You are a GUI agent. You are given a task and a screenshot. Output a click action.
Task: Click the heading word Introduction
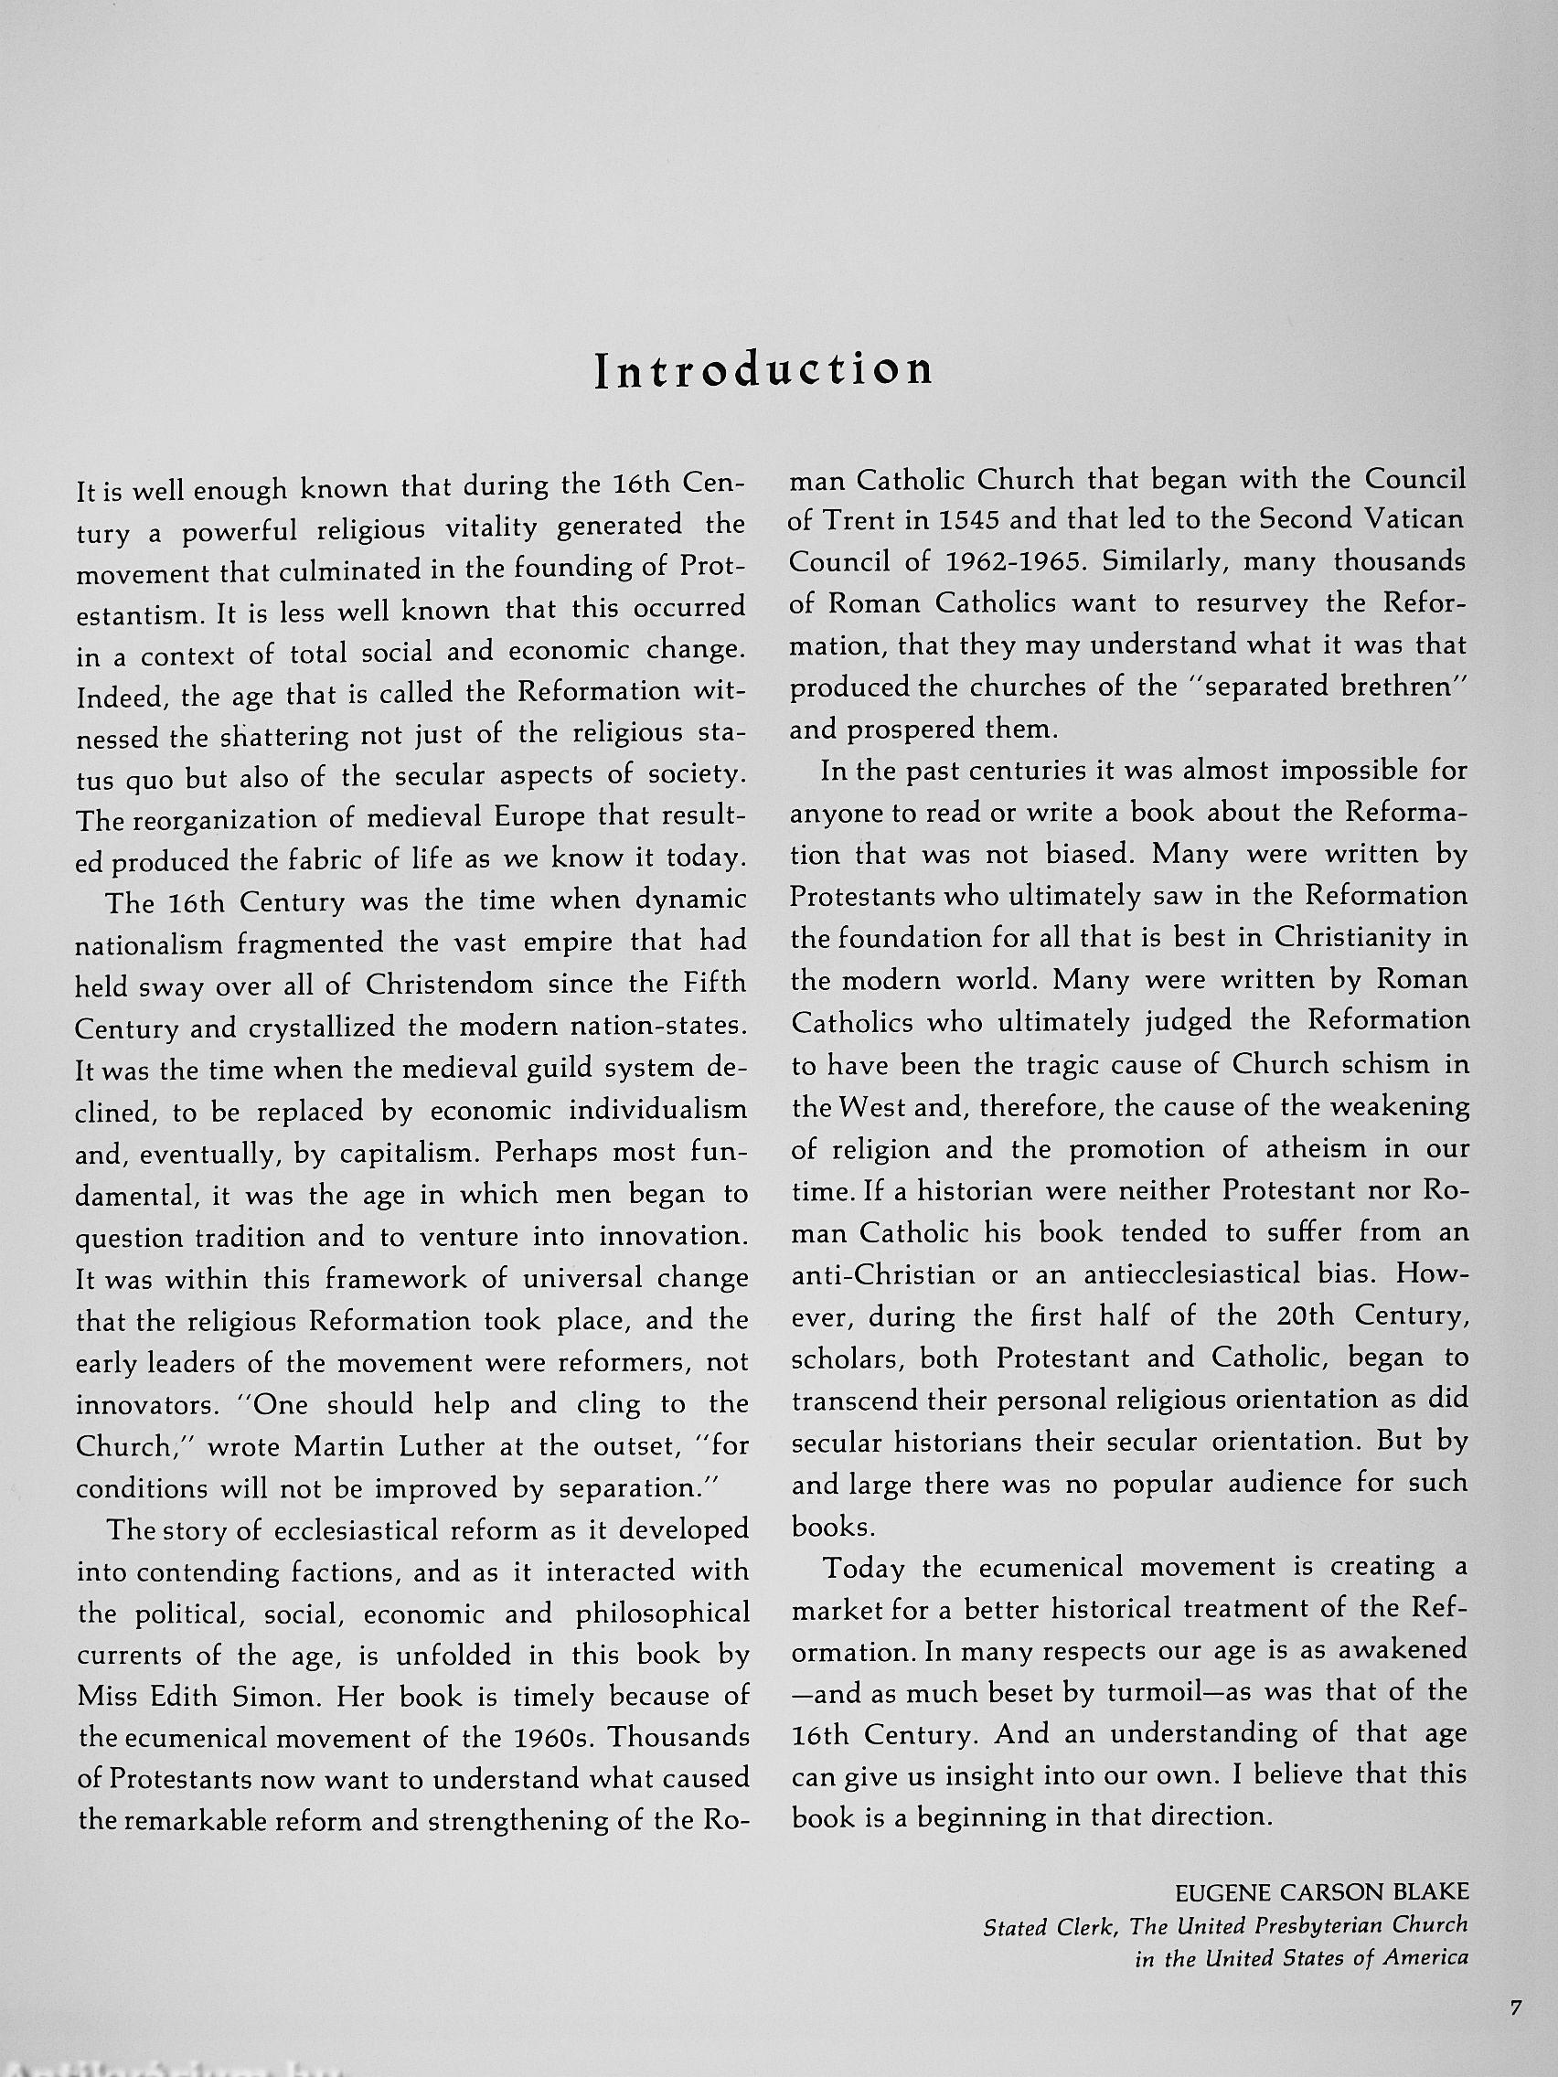pyautogui.click(x=764, y=370)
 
